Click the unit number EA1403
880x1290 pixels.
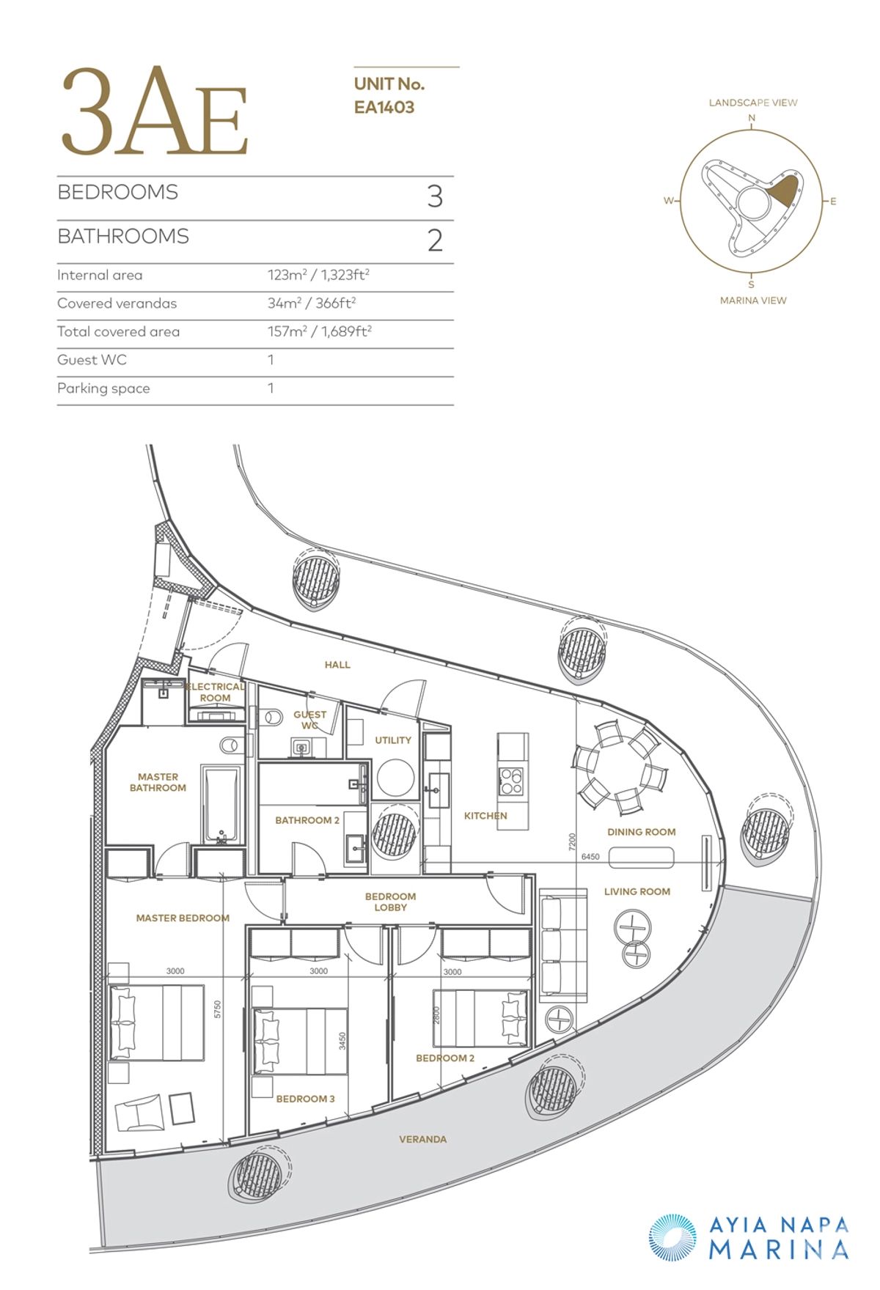384,107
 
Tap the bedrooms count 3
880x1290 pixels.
435,196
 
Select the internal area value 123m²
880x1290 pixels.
287,275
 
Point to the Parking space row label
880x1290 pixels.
103,388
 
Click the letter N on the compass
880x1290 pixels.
752,118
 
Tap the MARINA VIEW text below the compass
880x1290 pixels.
753,301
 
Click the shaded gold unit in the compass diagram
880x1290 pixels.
783,191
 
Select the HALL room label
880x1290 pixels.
337,665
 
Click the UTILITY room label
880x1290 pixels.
393,740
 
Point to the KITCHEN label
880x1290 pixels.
485,816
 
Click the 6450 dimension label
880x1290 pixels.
590,856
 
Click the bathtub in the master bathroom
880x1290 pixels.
221,805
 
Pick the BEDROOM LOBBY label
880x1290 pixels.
390,902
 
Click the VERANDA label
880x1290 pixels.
422,1139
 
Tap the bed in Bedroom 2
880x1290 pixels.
480,1018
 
